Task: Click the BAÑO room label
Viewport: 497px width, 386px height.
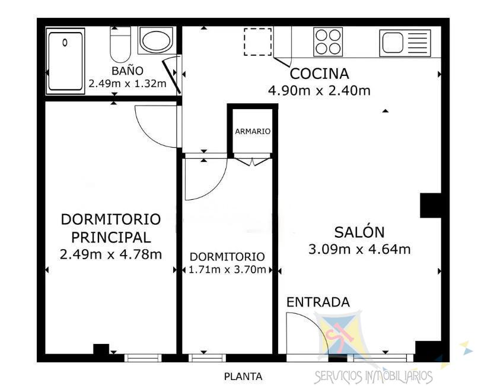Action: (127, 71)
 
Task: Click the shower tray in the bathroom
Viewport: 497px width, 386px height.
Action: (66, 60)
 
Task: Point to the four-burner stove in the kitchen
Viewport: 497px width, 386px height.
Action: (329, 42)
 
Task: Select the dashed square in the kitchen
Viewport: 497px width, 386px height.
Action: (257, 42)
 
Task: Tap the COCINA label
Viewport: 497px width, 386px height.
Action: (319, 74)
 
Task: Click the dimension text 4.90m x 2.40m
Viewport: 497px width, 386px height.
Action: (319, 91)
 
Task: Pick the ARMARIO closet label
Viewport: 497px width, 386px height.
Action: (253, 131)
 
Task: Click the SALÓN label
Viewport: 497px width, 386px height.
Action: (359, 232)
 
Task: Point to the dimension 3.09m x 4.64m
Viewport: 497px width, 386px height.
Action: (359, 249)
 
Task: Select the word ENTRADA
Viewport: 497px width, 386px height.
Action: (318, 302)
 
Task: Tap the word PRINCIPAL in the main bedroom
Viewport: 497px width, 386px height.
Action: (111, 237)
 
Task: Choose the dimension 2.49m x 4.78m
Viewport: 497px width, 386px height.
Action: (111, 254)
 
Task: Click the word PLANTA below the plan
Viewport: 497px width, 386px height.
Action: (243, 376)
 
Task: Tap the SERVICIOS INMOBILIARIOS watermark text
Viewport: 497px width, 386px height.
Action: (373, 376)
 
